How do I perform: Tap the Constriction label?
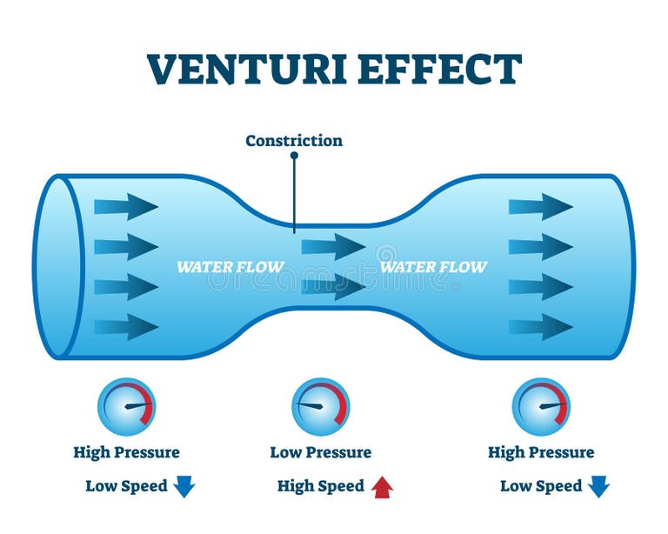coord(294,140)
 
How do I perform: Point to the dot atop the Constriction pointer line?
coord(294,156)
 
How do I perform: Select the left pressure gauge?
coord(126,406)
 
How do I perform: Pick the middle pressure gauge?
coord(320,406)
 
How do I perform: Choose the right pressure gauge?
coord(541,406)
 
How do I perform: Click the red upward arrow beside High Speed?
coord(382,487)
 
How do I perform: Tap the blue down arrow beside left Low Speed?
coord(184,486)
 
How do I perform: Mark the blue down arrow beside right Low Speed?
coord(598,486)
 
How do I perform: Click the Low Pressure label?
coord(320,452)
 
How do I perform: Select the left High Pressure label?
coord(126,452)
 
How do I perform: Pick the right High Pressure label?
coord(541,452)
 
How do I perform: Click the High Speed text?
coord(320,486)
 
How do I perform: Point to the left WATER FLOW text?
coord(230,267)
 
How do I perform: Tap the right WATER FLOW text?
coord(433,267)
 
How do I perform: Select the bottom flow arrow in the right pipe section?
coord(540,327)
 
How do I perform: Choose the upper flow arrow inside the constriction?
coord(333,247)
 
